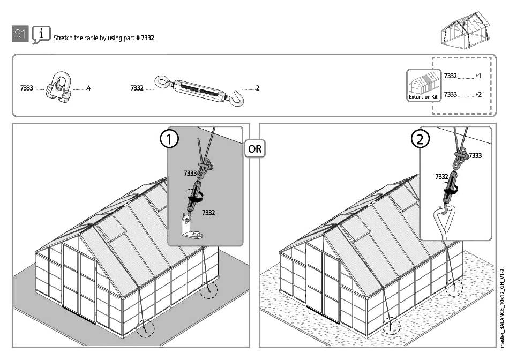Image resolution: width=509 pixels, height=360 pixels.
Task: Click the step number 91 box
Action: coord(20,34)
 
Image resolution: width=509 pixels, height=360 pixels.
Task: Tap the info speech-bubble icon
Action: coord(41,34)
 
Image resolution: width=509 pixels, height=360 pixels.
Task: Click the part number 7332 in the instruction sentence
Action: coord(148,38)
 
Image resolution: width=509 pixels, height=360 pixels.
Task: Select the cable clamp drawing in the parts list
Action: coord(59,87)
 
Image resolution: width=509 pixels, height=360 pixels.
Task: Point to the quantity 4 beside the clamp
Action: coord(88,88)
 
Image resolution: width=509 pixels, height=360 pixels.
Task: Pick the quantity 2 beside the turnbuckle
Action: coord(257,88)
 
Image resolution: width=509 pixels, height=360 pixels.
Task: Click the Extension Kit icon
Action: coord(423,85)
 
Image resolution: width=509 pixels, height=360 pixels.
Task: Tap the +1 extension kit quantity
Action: coord(478,76)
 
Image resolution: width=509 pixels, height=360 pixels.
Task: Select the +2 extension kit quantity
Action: coord(478,94)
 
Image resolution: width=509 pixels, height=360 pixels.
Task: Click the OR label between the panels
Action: coord(255,149)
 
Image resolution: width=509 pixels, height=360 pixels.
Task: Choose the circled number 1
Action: coord(169,139)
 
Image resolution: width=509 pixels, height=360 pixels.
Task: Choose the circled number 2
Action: coord(420,139)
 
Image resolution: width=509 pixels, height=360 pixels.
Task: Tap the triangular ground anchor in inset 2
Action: coord(444,222)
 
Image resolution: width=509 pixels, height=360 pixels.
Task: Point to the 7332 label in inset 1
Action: coord(208,213)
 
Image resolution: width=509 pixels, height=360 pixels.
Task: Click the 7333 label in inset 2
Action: coord(475,155)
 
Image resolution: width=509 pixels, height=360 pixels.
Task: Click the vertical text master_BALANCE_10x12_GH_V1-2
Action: coord(503,307)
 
